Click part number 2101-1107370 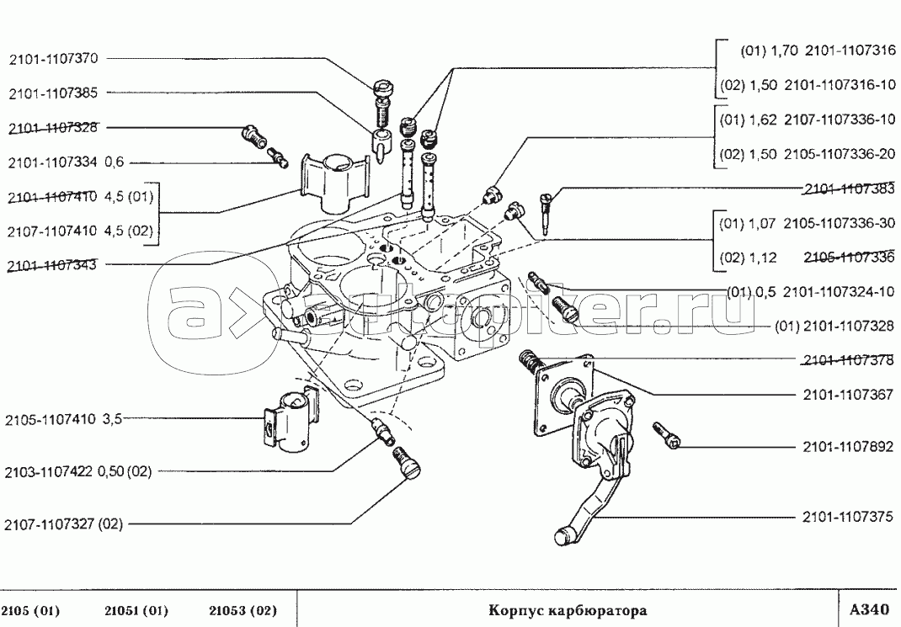point(55,60)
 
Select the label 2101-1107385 point(55,93)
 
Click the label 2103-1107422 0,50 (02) point(78,471)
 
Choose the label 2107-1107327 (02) point(64,523)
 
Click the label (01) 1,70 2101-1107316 point(818,50)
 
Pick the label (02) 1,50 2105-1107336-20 point(808,155)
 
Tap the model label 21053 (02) point(243,610)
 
